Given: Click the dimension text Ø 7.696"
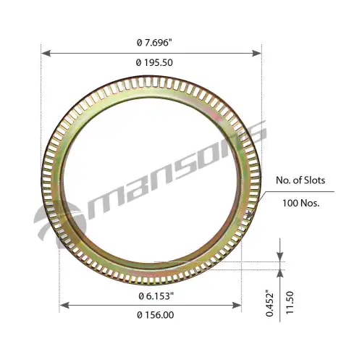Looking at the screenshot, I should click(153, 43).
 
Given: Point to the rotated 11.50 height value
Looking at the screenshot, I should click(289, 304).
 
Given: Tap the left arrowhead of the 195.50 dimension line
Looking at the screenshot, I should click(45, 53).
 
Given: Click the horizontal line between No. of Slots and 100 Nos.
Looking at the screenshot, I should click(304, 192).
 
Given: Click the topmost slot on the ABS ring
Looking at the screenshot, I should click(152, 82).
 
